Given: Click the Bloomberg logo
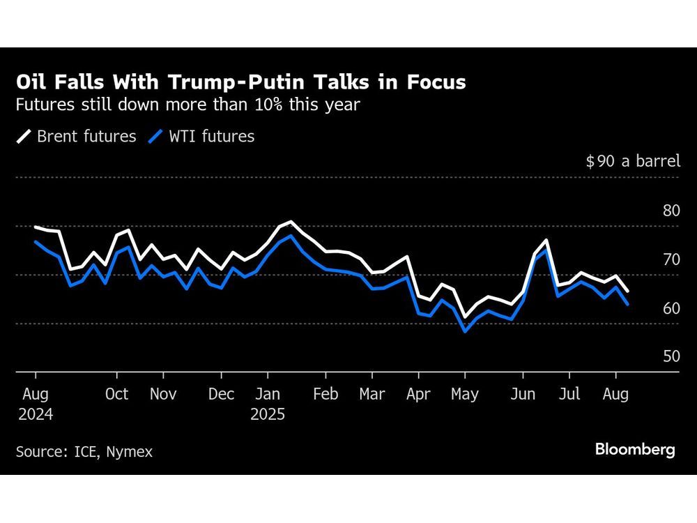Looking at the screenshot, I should click(635, 450).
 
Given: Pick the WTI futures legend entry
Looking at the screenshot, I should click(202, 136).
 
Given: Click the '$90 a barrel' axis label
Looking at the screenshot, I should click(632, 161).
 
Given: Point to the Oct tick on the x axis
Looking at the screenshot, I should click(116, 394).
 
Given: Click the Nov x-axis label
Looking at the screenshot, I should click(162, 394).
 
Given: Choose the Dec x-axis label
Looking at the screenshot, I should click(222, 394).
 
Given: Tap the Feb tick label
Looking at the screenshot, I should click(325, 394).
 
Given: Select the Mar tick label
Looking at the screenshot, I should click(372, 394).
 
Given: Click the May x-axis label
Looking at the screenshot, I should click(465, 394).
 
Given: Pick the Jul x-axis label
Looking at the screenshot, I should click(569, 394).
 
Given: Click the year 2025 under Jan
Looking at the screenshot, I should click(268, 414).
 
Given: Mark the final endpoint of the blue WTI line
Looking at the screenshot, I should click(628, 304).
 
